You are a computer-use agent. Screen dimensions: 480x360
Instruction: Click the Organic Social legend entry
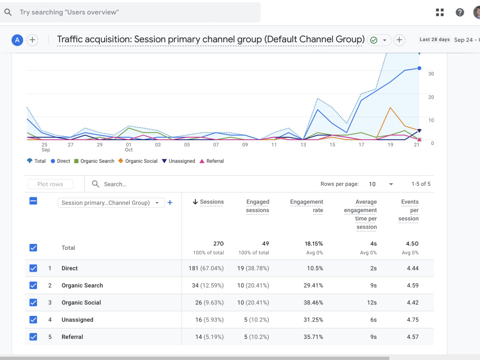click(x=138, y=161)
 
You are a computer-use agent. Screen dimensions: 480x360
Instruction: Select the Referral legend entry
click(x=212, y=161)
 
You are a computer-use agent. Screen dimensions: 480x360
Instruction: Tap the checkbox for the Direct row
click(x=34, y=268)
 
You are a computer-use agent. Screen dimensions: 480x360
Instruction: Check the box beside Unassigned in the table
click(x=34, y=320)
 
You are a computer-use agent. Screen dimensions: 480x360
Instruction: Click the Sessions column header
click(x=208, y=202)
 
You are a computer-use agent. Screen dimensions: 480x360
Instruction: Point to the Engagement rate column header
click(x=306, y=206)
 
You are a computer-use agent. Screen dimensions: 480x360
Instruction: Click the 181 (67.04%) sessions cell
click(x=206, y=268)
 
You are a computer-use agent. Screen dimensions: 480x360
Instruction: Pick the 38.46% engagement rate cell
click(x=313, y=302)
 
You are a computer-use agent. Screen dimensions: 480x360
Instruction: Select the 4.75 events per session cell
click(x=413, y=320)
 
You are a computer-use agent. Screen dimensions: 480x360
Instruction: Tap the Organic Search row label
click(x=83, y=285)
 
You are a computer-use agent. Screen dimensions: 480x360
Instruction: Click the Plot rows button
click(x=50, y=184)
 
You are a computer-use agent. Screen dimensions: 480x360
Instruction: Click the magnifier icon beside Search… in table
click(x=96, y=184)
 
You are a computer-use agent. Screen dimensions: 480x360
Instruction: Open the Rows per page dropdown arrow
click(x=391, y=184)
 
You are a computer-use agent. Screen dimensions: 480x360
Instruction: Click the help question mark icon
click(x=460, y=12)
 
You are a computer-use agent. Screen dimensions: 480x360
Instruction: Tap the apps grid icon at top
click(x=440, y=12)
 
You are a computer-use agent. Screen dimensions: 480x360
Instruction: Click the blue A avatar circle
click(x=17, y=40)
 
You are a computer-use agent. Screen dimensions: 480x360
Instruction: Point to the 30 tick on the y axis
click(x=431, y=74)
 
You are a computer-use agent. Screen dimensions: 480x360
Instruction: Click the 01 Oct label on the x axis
click(x=129, y=147)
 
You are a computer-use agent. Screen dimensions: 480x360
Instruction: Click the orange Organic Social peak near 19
click(x=390, y=108)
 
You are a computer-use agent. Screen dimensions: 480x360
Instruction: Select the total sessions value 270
click(x=218, y=244)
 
